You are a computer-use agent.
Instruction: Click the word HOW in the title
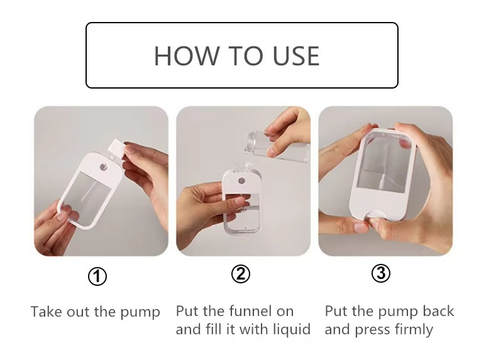(187, 56)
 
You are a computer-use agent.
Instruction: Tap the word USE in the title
(296, 56)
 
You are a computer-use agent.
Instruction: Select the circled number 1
(97, 276)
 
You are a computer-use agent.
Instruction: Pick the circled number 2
(240, 274)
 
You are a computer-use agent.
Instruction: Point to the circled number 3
(380, 273)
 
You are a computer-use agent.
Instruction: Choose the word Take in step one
(46, 312)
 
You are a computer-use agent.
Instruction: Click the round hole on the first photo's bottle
(104, 167)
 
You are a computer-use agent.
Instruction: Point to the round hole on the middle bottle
(241, 181)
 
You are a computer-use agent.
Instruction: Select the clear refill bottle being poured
(277, 146)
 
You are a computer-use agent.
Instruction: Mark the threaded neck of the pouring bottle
(251, 143)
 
